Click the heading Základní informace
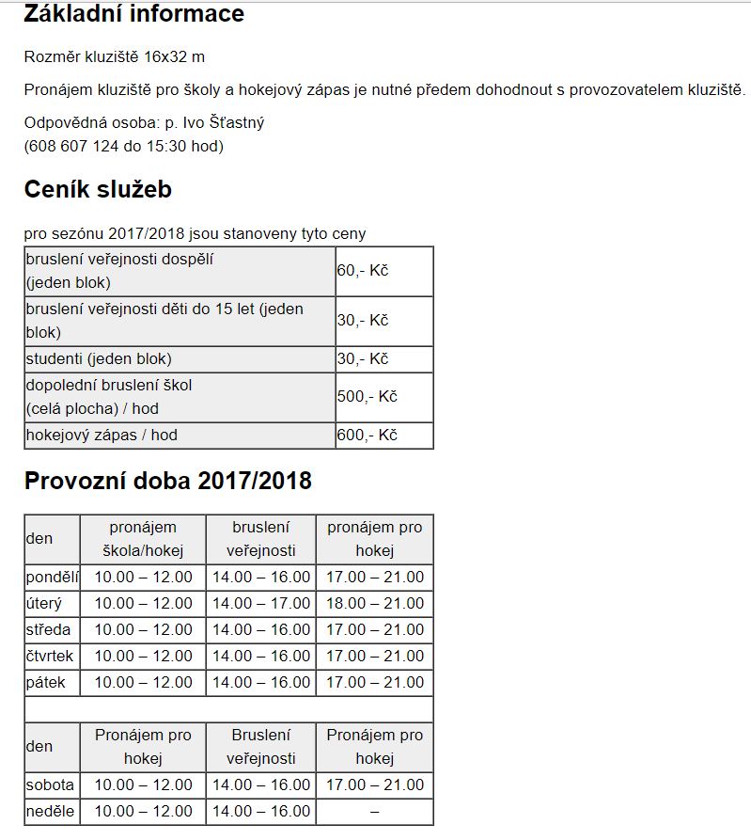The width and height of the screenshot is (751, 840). [133, 14]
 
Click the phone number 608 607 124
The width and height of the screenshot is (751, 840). [74, 146]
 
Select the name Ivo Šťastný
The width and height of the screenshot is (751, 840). [224, 122]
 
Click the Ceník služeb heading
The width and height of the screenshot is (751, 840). [98, 189]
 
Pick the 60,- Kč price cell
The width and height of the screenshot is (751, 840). [363, 271]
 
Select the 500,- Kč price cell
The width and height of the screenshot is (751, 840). [368, 396]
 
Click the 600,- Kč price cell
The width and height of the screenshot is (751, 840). [368, 436]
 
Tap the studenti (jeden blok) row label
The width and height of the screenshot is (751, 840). [99, 358]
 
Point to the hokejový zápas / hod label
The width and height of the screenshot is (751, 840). [102, 436]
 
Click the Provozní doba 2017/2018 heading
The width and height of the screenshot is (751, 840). [167, 481]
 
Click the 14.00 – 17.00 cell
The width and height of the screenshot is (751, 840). [261, 603]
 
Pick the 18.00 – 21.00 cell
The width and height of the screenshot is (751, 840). [375, 603]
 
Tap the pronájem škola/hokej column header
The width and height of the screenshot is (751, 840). [143, 539]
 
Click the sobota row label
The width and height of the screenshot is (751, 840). [52, 785]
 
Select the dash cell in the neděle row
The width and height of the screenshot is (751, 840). [375, 811]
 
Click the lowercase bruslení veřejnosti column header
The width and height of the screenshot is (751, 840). [261, 539]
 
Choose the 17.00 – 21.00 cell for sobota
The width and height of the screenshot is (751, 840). [375, 785]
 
